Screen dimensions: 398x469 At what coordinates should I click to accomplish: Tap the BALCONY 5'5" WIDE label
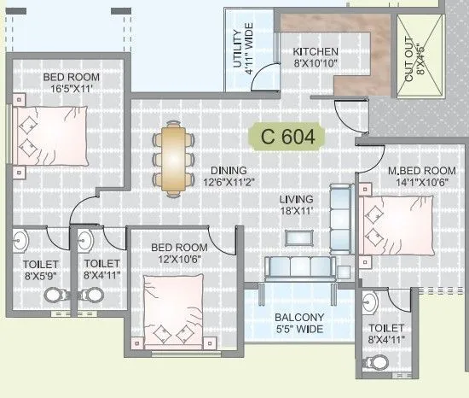(x=298, y=322)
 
